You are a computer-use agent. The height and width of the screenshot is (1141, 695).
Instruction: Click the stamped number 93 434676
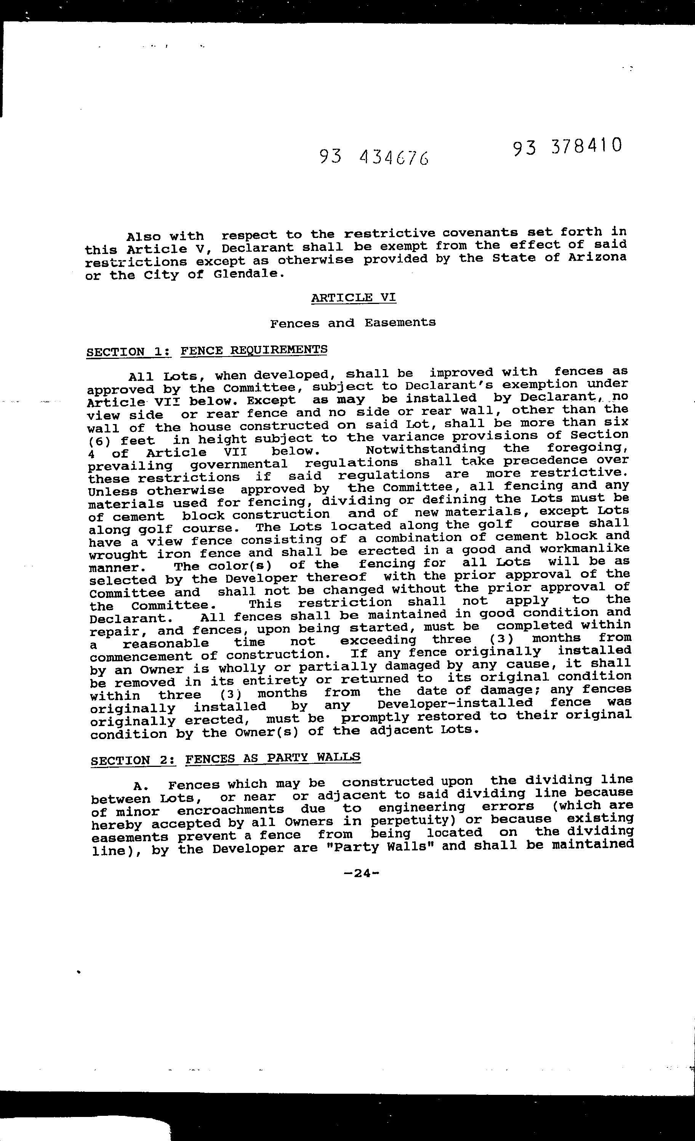[x=374, y=158]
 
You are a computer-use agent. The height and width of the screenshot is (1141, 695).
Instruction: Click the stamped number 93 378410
[x=567, y=147]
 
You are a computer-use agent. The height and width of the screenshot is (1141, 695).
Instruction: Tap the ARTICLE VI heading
[x=354, y=297]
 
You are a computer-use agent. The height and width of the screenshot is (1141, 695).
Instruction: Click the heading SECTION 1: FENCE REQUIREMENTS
[x=207, y=350]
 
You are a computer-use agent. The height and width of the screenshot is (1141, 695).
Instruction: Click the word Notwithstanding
[x=426, y=449]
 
